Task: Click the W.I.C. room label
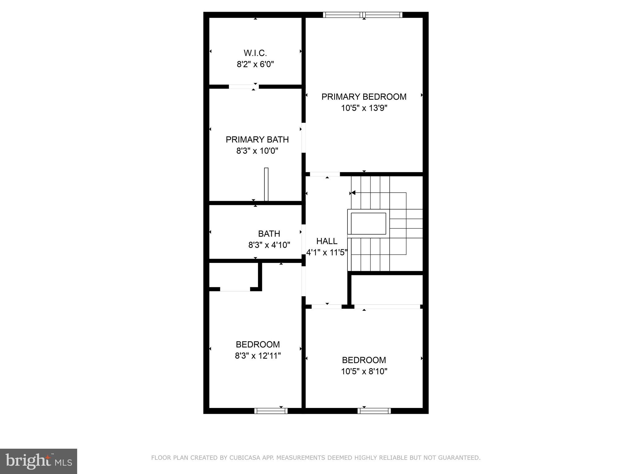pyautogui.click(x=255, y=53)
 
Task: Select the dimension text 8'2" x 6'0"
pyautogui.click(x=255, y=64)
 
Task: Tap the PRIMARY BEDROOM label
pyautogui.click(x=364, y=97)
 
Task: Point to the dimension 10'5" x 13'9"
pyautogui.click(x=364, y=108)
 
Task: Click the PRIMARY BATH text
pyautogui.click(x=257, y=140)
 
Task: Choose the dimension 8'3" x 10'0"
pyautogui.click(x=257, y=151)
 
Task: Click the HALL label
pyautogui.click(x=327, y=241)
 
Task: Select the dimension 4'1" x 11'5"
pyautogui.click(x=327, y=253)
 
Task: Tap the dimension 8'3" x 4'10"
pyautogui.click(x=269, y=245)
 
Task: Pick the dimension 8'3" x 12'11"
pyautogui.click(x=258, y=356)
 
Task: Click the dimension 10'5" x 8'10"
pyautogui.click(x=364, y=371)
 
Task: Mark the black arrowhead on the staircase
pyautogui.click(x=353, y=193)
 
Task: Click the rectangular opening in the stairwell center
pyautogui.click(x=368, y=223)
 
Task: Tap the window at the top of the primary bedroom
pyautogui.click(x=363, y=15)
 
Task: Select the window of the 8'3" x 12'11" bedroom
pyautogui.click(x=271, y=411)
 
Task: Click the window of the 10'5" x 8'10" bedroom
pyautogui.click(x=374, y=411)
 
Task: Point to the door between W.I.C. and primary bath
pyautogui.click(x=243, y=87)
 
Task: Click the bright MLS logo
pyautogui.click(x=39, y=461)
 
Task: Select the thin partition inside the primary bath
pyautogui.click(x=266, y=184)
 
